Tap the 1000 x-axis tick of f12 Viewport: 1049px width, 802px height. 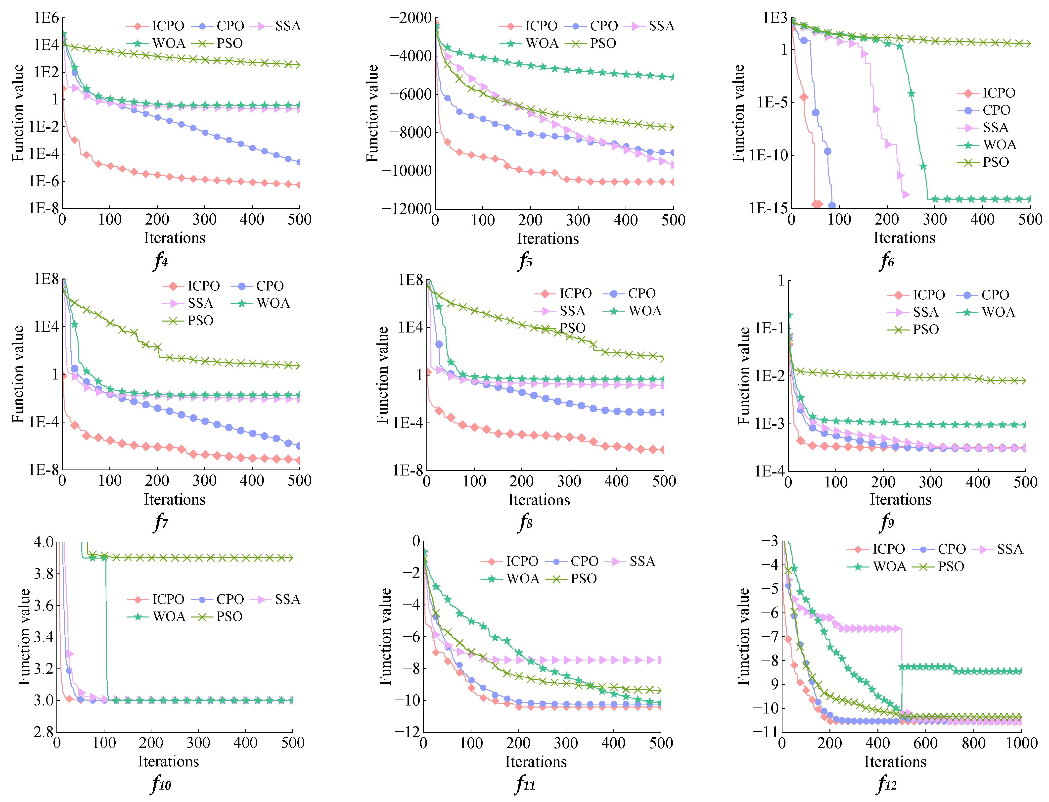[1021, 743]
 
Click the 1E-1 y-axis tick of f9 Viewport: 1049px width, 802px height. [769, 329]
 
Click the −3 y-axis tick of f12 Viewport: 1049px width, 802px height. [769, 541]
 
